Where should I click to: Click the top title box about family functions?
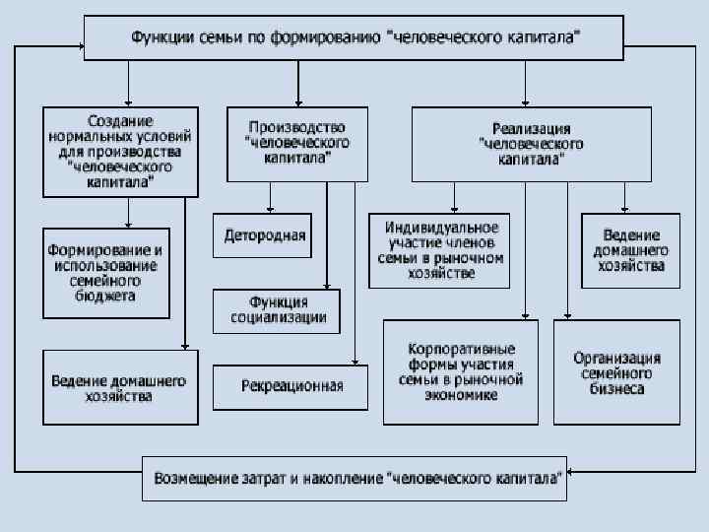coord(354,38)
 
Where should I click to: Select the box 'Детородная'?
coord(264,235)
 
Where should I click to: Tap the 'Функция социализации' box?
coord(277,310)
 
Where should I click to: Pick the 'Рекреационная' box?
coord(291,386)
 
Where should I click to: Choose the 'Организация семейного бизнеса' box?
coord(616,373)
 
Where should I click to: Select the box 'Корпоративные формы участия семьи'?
coord(461,371)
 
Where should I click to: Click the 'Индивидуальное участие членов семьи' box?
coord(439,250)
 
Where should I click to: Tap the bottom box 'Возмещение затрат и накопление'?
coord(354,479)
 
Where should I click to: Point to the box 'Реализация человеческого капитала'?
coord(531,144)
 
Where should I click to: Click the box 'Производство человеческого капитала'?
coord(296,144)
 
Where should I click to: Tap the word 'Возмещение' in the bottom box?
coord(190,480)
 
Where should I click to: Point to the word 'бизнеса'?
coord(616,388)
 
